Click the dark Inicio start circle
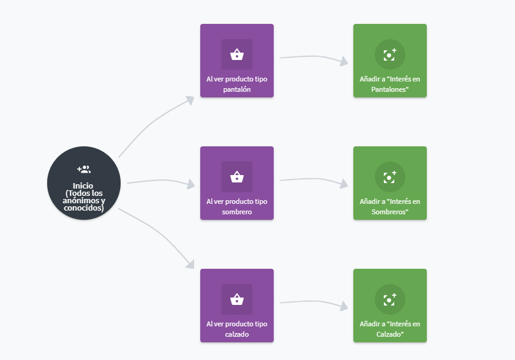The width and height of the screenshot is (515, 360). tap(84, 183)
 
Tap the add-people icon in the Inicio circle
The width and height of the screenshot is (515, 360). tap(84, 169)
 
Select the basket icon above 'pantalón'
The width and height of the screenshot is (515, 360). tap(237, 54)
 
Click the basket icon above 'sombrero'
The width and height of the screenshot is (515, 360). tap(237, 177)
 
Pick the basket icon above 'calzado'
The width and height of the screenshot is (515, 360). tap(237, 299)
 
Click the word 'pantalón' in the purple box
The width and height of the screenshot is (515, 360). tap(237, 89)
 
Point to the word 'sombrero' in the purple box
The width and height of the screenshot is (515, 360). tap(237, 212)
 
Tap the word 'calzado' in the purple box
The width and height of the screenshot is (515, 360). tap(237, 334)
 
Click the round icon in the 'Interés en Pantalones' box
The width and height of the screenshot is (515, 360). tap(390, 54)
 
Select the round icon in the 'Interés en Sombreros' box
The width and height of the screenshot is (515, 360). tap(390, 177)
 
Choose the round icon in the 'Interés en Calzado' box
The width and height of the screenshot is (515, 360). tap(390, 299)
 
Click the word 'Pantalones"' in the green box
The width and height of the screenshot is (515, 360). tap(390, 89)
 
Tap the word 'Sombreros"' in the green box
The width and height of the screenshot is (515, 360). tap(390, 212)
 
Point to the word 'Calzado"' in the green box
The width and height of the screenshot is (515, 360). tap(390, 334)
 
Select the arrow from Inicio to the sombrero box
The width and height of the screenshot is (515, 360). tap(161, 180)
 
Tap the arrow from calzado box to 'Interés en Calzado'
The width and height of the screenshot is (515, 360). tap(314, 302)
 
